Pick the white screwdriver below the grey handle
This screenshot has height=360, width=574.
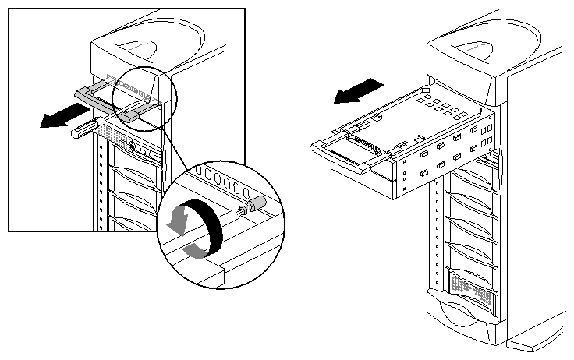click(x=87, y=127)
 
